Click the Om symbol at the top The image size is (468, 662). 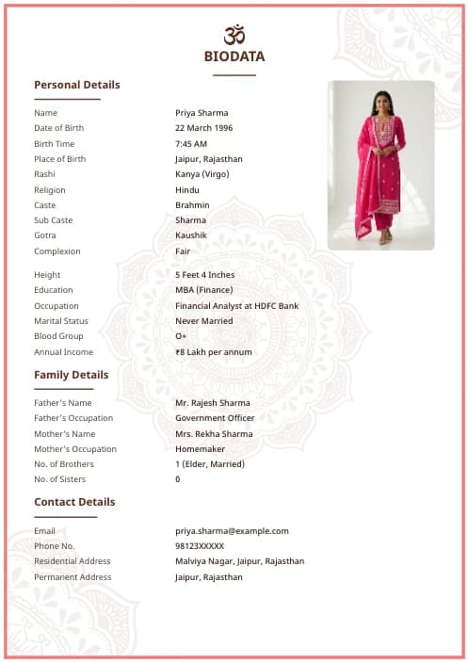(x=234, y=35)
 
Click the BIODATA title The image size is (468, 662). (x=234, y=57)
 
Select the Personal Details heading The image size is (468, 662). (x=77, y=85)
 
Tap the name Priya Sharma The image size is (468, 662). (x=202, y=113)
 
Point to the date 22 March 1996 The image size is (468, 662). (x=203, y=128)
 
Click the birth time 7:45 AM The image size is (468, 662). (x=191, y=144)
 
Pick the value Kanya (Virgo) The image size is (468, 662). (x=202, y=174)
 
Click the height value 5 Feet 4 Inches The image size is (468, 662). (x=205, y=275)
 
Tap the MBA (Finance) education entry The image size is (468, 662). (x=203, y=290)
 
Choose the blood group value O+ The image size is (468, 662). (x=181, y=336)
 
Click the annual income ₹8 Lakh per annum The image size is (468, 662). (x=214, y=352)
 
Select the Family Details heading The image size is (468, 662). (x=72, y=375)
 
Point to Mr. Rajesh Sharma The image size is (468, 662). (x=213, y=403)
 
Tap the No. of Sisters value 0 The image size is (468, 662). (x=178, y=479)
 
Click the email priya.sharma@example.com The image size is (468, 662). (x=232, y=531)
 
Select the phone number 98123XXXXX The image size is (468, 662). (x=200, y=546)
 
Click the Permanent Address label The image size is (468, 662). (x=73, y=577)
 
